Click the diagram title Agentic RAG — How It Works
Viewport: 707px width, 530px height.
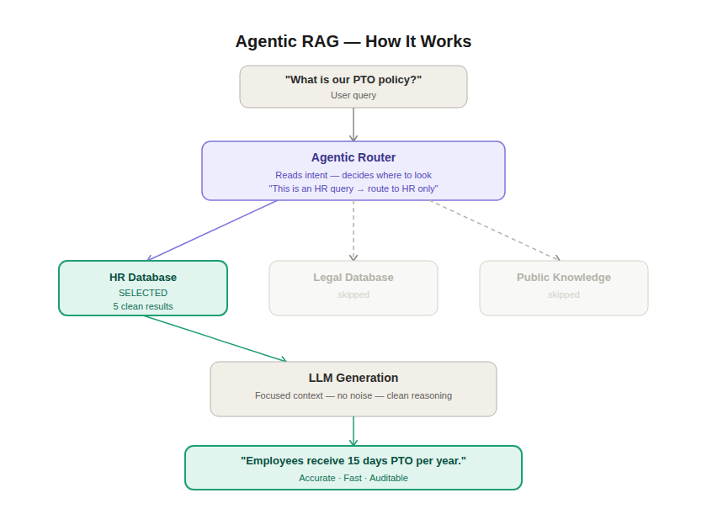pyautogui.click(x=353, y=41)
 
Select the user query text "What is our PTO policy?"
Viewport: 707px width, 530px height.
pyautogui.click(x=353, y=80)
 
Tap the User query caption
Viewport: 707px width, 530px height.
pyautogui.click(x=353, y=96)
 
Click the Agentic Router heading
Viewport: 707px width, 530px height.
pyautogui.click(x=353, y=157)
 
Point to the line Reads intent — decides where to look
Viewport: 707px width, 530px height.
pyautogui.click(x=353, y=175)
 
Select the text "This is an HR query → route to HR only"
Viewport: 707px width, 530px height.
pyautogui.click(x=353, y=188)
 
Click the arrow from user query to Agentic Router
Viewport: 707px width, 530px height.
pyautogui.click(x=353, y=125)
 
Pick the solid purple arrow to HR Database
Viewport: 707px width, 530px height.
pyautogui.click(x=212, y=231)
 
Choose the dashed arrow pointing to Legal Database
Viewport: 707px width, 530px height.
pyautogui.click(x=353, y=231)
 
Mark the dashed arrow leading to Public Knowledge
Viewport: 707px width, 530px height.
pyautogui.click(x=495, y=231)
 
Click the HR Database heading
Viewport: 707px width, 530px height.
pyautogui.click(x=143, y=277)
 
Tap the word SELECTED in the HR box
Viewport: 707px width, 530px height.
pyautogui.click(x=143, y=293)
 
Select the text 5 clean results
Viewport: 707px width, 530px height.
pyautogui.click(x=143, y=306)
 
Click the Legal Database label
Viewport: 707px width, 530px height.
pyautogui.click(x=353, y=277)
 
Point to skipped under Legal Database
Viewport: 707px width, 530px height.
pyautogui.click(x=353, y=294)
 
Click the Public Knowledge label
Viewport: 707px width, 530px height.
pyautogui.click(x=564, y=277)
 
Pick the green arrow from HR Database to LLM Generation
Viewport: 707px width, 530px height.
pyautogui.click(x=215, y=338)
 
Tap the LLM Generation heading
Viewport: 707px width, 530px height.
pyautogui.click(x=353, y=378)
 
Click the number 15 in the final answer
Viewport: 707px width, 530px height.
pyautogui.click(x=353, y=461)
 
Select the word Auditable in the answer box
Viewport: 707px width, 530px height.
pyautogui.click(x=389, y=478)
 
